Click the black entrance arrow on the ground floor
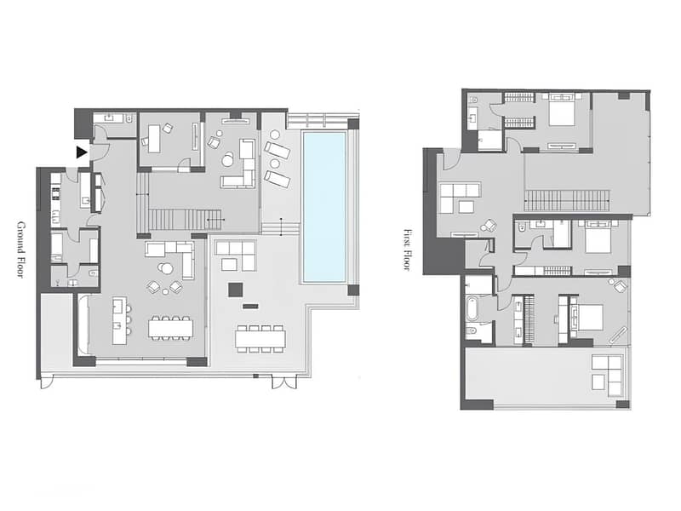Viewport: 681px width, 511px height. [82, 152]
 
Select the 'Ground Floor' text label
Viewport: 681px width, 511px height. [20, 250]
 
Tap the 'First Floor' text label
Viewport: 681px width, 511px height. [407, 250]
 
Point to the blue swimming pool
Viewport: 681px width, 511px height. [324, 207]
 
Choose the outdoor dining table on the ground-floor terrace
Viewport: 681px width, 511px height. [260, 338]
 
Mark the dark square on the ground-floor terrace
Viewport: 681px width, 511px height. [236, 290]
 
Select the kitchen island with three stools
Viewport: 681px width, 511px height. [119, 321]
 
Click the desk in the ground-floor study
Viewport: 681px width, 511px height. [154, 138]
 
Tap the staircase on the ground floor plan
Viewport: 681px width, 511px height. [186, 220]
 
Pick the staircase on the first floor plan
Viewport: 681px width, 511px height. [567, 201]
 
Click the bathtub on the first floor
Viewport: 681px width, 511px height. [472, 308]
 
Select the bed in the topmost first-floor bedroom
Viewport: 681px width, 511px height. [562, 110]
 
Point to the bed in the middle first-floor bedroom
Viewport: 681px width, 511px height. [598, 238]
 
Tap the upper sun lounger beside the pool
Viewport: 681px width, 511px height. [277, 150]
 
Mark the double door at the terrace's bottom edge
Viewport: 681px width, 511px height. [284, 382]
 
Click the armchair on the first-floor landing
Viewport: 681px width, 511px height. [490, 225]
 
